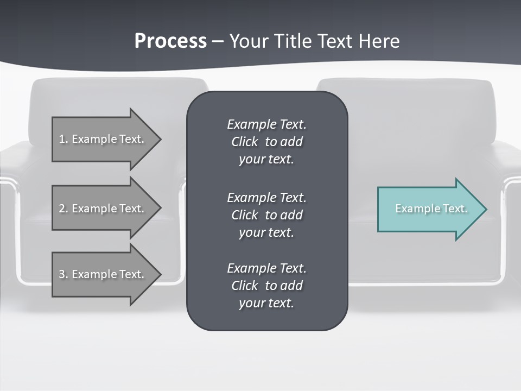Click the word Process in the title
[170, 41]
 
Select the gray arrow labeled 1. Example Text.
[103, 139]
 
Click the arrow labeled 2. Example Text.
[103, 209]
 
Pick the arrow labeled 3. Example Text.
[103, 274]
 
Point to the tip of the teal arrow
[485, 209]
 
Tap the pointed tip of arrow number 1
[159, 139]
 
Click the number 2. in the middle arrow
[63, 209]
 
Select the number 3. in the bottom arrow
[63, 274]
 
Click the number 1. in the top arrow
[63, 139]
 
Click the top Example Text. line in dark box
[266, 124]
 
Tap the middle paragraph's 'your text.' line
[266, 232]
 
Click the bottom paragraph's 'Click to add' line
[266, 286]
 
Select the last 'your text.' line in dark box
[266, 303]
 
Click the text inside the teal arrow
[431, 209]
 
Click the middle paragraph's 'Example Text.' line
[266, 198]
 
